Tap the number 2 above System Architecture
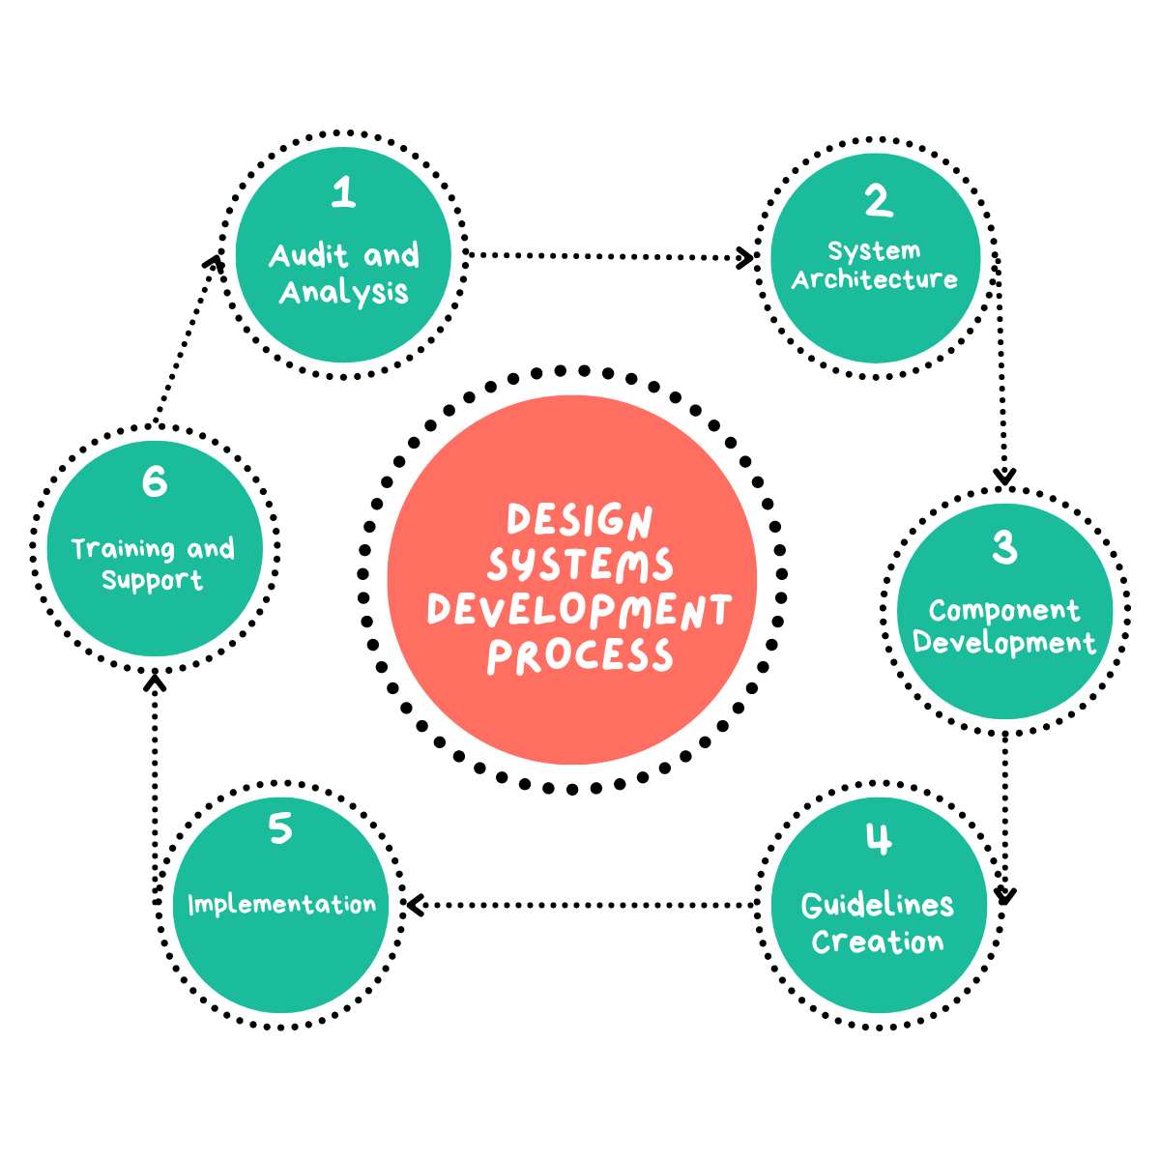click(878, 201)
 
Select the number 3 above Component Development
click(1004, 547)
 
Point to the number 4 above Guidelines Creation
click(878, 839)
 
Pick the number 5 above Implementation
click(280, 828)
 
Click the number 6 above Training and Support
click(155, 481)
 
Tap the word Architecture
click(875, 279)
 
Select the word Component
click(1004, 611)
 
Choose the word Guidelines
click(878, 905)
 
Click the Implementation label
click(281, 905)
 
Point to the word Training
click(122, 549)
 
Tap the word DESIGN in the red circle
click(579, 521)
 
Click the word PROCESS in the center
click(579, 655)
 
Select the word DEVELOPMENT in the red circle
click(579, 610)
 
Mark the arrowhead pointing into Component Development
click(1005, 476)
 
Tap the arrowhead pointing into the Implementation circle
click(415, 905)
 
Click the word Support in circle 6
click(153, 581)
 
